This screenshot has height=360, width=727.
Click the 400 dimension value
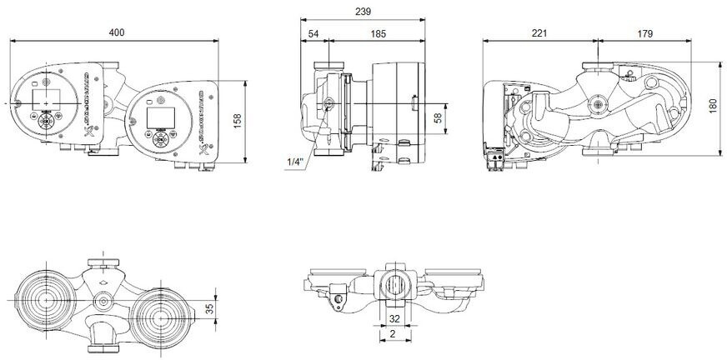(x=117, y=32)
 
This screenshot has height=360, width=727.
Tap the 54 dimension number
(x=313, y=32)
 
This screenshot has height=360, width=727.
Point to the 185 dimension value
(x=377, y=32)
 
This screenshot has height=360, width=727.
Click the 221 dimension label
(x=539, y=32)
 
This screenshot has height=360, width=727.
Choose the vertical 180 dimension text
(x=713, y=107)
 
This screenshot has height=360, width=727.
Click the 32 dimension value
(x=394, y=317)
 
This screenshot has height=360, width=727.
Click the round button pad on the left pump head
(x=45, y=122)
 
